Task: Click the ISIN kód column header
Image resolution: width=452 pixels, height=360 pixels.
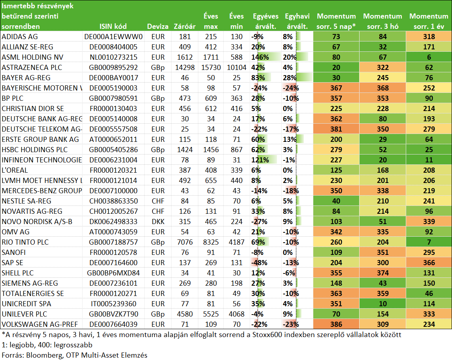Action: coord(113,26)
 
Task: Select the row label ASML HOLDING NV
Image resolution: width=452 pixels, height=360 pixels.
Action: coord(32,57)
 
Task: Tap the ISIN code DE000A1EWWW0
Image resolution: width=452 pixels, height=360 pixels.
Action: coord(113,37)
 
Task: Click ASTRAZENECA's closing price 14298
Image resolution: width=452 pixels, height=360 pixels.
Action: coord(185,68)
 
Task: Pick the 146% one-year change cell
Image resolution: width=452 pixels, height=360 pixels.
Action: coord(260,57)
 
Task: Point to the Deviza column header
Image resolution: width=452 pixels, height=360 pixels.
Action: coord(158,26)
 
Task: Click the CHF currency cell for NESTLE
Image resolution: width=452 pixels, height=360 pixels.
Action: coord(158,201)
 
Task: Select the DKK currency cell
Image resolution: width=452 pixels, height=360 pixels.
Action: coord(158,222)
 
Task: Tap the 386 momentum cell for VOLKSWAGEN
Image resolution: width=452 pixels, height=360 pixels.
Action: coord(336,324)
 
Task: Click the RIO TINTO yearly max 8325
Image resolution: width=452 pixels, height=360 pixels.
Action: coord(211,242)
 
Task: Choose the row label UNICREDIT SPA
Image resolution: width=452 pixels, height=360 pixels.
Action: coord(26,304)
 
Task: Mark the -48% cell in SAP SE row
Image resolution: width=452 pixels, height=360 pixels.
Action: coord(259,262)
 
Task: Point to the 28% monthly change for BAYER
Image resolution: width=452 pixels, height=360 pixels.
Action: coord(290,78)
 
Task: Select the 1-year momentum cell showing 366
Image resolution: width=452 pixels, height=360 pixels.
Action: coord(429,262)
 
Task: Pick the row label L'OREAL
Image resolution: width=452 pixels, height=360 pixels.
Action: coord(15,170)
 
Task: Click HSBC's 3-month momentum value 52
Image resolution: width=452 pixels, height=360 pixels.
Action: coord(382,150)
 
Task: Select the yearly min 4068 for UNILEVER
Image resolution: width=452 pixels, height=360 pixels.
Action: coord(236,314)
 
